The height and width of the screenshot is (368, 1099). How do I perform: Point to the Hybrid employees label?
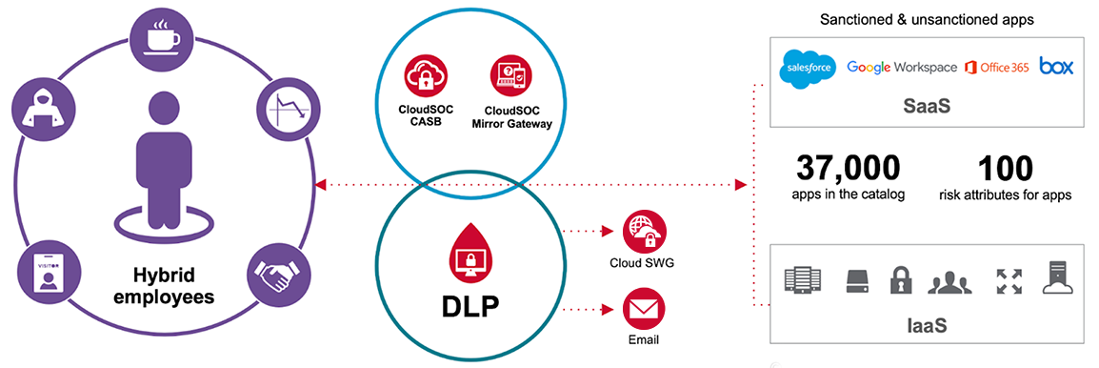(164, 285)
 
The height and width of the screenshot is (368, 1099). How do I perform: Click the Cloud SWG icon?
(645, 233)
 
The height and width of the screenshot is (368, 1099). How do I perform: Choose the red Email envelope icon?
(644, 311)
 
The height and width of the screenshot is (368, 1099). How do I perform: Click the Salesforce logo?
(807, 68)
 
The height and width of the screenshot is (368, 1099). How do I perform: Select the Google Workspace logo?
(901, 68)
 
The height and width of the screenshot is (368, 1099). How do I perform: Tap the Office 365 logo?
(996, 68)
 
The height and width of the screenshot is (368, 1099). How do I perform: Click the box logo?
(1056, 66)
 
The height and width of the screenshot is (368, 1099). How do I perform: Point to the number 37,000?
(848, 169)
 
